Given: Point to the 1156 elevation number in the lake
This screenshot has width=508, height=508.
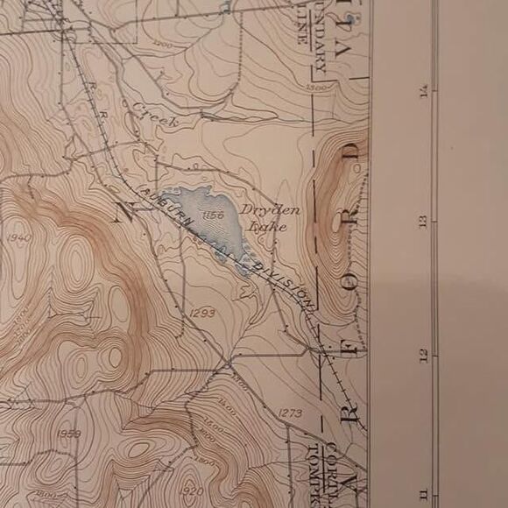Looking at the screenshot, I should click(x=212, y=215).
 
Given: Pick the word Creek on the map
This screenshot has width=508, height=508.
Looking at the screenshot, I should click(x=156, y=115).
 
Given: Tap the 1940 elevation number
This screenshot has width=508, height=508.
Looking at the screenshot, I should click(x=18, y=238).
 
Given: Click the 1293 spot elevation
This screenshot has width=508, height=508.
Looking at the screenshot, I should click(x=201, y=313).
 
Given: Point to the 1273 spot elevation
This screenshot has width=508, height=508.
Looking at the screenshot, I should click(x=293, y=412).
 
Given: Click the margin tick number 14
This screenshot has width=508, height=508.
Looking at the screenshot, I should click(x=424, y=90).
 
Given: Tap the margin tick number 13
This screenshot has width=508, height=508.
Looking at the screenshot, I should click(x=423, y=222).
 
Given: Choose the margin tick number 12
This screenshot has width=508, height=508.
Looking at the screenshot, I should click(x=424, y=354).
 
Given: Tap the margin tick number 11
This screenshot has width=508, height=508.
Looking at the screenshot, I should click(x=424, y=493).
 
